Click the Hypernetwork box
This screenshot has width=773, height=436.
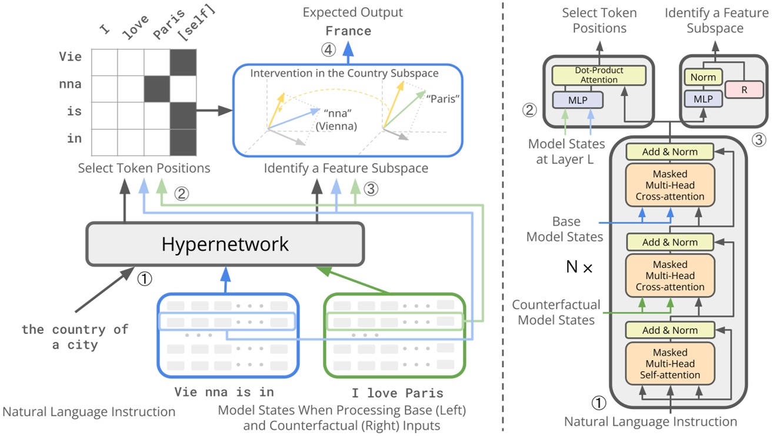click(225, 244)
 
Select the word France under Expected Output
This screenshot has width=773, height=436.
click(349, 31)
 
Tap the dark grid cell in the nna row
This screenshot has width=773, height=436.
click(156, 84)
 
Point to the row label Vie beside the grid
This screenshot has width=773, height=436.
click(70, 57)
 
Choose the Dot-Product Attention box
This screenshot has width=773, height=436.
click(599, 75)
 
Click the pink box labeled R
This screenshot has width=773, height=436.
click(744, 90)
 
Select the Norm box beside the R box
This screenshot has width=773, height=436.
click(703, 77)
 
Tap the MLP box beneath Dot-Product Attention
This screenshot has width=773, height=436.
click(577, 99)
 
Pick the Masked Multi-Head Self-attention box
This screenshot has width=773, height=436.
click(669, 364)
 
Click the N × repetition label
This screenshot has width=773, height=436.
click(579, 267)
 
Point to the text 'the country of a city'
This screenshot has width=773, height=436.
click(75, 337)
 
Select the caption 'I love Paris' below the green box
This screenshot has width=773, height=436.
click(398, 393)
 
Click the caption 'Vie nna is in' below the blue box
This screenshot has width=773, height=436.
click(224, 392)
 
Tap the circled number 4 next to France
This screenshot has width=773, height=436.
click(328, 50)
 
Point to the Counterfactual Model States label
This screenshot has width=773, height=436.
click(556, 312)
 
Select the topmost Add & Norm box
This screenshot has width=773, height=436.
click(669, 152)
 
